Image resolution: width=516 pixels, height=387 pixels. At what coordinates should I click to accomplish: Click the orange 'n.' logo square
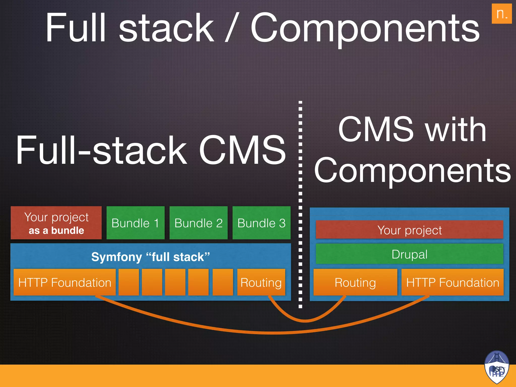pos(502,14)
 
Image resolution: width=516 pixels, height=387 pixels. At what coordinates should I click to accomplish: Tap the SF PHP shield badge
pos(496,367)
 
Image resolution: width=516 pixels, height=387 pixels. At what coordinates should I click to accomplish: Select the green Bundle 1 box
pos(136,223)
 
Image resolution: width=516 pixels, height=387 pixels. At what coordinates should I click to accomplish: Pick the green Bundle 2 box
pos(199,223)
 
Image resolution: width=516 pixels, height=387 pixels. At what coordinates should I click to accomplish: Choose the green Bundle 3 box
pos(262,223)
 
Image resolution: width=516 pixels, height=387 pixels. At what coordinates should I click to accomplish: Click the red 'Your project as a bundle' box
pos(56,223)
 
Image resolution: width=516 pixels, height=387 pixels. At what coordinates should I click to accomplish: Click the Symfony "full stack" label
pos(150,257)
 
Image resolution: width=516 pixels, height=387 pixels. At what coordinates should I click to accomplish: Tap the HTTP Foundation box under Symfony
pos(64,282)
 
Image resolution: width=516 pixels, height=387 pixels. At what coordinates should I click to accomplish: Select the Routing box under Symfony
pos(261,282)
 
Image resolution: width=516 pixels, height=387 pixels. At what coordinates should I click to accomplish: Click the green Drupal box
pos(409,254)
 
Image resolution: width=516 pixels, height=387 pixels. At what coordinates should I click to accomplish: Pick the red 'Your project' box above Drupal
pos(409,230)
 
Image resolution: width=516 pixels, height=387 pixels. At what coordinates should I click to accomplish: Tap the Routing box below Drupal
pos(355,282)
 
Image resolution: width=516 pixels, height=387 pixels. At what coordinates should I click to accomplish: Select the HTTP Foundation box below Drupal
pos(453,282)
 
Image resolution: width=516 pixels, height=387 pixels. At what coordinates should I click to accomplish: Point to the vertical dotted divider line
pos(300,202)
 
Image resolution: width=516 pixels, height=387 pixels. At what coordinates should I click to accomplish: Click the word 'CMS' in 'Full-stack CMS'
pos(242,150)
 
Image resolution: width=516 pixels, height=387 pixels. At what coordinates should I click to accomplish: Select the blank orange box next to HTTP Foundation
pos(129,282)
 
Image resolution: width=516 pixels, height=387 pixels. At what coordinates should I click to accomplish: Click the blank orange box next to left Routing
pos(223,282)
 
